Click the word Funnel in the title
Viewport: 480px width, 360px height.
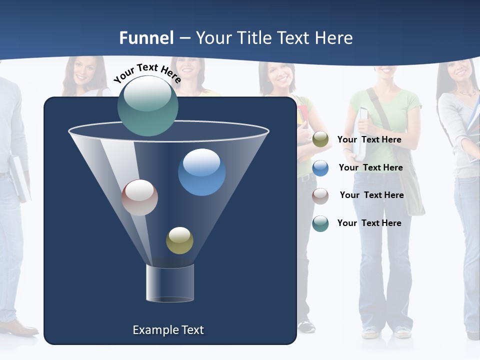pos(146,38)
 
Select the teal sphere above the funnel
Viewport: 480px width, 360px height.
pos(148,105)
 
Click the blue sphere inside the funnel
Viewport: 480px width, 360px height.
pos(202,172)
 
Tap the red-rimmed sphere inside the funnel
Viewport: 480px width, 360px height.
pos(140,197)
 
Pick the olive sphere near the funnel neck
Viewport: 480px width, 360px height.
pos(179,240)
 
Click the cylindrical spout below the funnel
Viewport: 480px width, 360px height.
pos(170,283)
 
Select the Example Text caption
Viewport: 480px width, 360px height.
pos(168,330)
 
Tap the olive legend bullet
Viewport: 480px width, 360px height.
pos(320,139)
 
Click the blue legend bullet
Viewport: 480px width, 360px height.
pos(320,168)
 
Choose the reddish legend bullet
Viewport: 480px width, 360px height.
pos(320,195)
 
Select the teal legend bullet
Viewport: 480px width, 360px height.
pos(320,223)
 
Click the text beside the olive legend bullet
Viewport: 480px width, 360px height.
pos(369,140)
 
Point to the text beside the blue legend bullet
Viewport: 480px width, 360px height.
pos(370,168)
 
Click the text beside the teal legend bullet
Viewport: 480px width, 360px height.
pos(369,223)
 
